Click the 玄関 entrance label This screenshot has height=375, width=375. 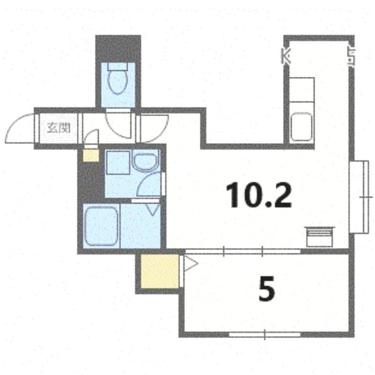pyautogui.click(x=59, y=127)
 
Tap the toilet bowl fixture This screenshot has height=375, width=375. pyautogui.click(x=118, y=82)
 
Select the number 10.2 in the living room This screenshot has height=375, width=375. pyautogui.click(x=259, y=195)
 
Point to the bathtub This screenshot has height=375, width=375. pyautogui.click(x=101, y=226)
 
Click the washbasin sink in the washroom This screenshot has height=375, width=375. pyautogui.click(x=145, y=162)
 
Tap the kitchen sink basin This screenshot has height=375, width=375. pyautogui.click(x=301, y=127)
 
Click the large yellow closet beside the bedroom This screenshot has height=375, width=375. pyautogui.click(x=160, y=271)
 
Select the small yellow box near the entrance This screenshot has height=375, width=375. pyautogui.click(x=91, y=155)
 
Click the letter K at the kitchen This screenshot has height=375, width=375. pyautogui.click(x=286, y=56)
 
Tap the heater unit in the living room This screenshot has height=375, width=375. pyautogui.click(x=320, y=237)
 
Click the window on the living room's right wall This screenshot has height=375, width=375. pyautogui.click(x=359, y=197)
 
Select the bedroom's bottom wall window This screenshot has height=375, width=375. pyautogui.click(x=264, y=334)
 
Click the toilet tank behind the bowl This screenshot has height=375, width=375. pyautogui.click(x=118, y=67)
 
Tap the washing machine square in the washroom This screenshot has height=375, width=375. pyautogui.click(x=118, y=163)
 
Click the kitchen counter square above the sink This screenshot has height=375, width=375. pyautogui.click(x=301, y=90)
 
